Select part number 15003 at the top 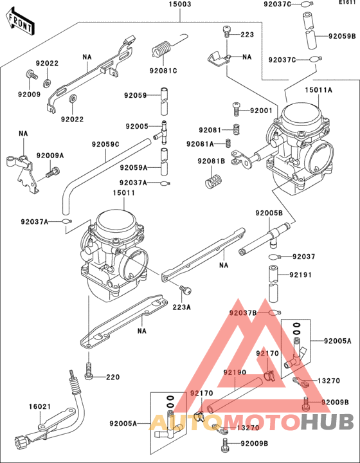coord(180,5)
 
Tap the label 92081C coord(163,71)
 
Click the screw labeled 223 coord(227,32)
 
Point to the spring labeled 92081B coord(213,181)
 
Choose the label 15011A coord(319,90)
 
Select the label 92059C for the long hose coord(105,145)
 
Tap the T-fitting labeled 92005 coord(162,132)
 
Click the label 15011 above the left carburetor coord(123,193)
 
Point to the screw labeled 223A coord(186,289)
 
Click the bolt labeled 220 coord(89,370)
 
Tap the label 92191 coord(300,275)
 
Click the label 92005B coord(269,213)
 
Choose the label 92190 coord(235,372)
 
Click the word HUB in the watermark coord(327,422)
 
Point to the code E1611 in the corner coord(347,3)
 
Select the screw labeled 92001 coord(237,109)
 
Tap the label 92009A coord(50,156)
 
